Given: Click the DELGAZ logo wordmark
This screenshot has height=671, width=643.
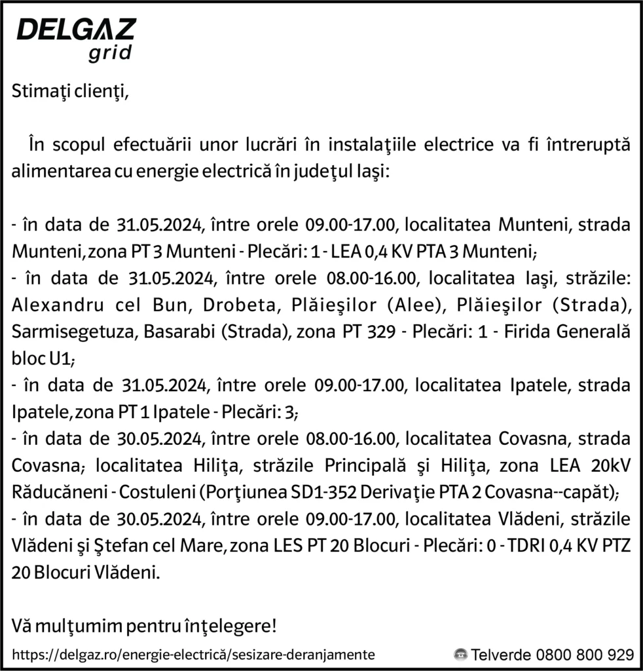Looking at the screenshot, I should click(x=76, y=29).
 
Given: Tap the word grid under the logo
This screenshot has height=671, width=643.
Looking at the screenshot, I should click(x=110, y=52).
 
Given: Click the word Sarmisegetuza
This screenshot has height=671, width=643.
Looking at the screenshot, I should click(x=62, y=332).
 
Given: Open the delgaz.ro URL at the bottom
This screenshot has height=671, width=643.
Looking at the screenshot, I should click(x=194, y=654).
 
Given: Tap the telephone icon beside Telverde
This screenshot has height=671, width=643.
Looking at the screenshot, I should click(x=461, y=654).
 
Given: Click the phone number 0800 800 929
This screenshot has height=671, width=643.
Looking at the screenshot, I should click(x=584, y=654).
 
